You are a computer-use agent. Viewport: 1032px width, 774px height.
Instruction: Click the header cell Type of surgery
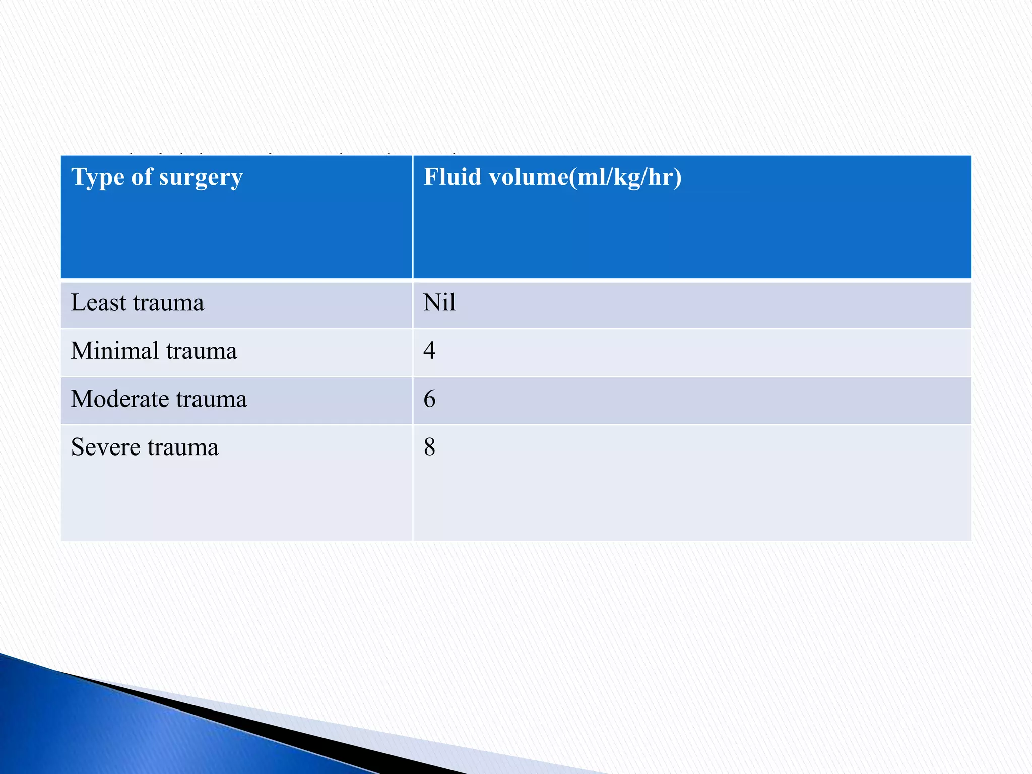pyautogui.click(x=157, y=177)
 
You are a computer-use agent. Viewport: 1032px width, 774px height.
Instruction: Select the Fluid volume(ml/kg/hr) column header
pyautogui.click(x=552, y=177)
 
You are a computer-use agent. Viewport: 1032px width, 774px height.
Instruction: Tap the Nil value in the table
pyautogui.click(x=439, y=303)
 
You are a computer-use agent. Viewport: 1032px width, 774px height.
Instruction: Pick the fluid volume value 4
pyautogui.click(x=429, y=350)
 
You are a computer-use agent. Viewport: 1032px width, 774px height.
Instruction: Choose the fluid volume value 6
pyautogui.click(x=429, y=399)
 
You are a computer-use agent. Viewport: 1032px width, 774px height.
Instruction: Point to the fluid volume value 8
pyautogui.click(x=429, y=447)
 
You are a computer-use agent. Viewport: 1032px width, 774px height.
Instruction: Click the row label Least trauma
pyautogui.click(x=137, y=303)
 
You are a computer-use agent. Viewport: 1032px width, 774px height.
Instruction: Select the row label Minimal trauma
pyautogui.click(x=154, y=351)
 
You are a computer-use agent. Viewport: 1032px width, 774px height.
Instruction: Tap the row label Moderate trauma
pyautogui.click(x=159, y=399)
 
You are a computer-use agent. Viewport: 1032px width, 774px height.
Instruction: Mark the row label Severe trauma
pyautogui.click(x=145, y=447)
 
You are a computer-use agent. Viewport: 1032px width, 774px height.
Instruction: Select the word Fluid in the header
pyautogui.click(x=452, y=177)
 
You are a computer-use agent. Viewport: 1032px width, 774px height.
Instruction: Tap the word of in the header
pyautogui.click(x=142, y=177)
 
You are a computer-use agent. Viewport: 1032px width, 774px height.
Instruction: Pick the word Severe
pyautogui.click(x=105, y=447)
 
